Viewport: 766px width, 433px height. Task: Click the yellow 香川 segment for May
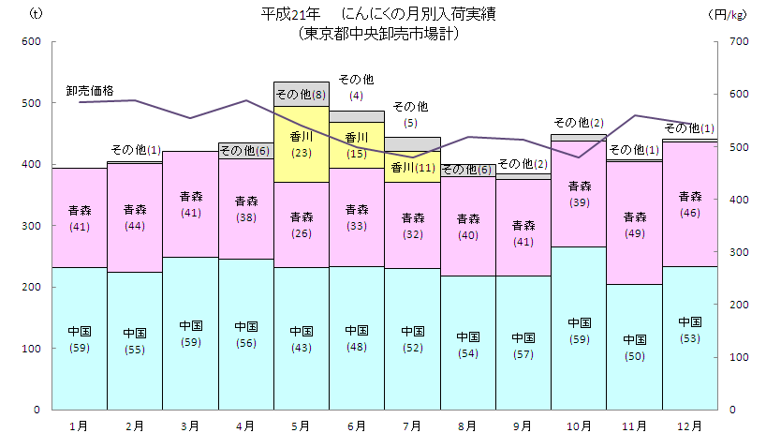coord(301,143)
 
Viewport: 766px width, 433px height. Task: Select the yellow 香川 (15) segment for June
coord(356,145)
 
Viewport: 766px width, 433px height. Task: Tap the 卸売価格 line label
coord(90,91)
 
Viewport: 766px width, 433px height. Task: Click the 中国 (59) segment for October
coord(579,330)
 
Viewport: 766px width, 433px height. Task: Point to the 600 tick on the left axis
coord(32,42)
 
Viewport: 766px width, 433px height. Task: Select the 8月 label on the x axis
coord(467,426)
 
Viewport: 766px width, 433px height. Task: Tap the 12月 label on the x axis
coord(689,426)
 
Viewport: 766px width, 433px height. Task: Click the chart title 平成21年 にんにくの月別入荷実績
coord(378,14)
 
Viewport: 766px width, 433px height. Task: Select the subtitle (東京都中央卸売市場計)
coord(378,32)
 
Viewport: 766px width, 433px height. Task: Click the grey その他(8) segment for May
coord(301,94)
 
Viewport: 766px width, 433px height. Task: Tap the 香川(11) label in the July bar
coord(412,169)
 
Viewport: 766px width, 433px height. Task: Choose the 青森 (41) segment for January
coord(80,217)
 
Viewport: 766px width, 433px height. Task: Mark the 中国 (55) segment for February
coord(135,340)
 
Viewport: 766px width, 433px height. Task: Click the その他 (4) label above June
coord(356,86)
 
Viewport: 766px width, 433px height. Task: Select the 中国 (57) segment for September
coord(523,344)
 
